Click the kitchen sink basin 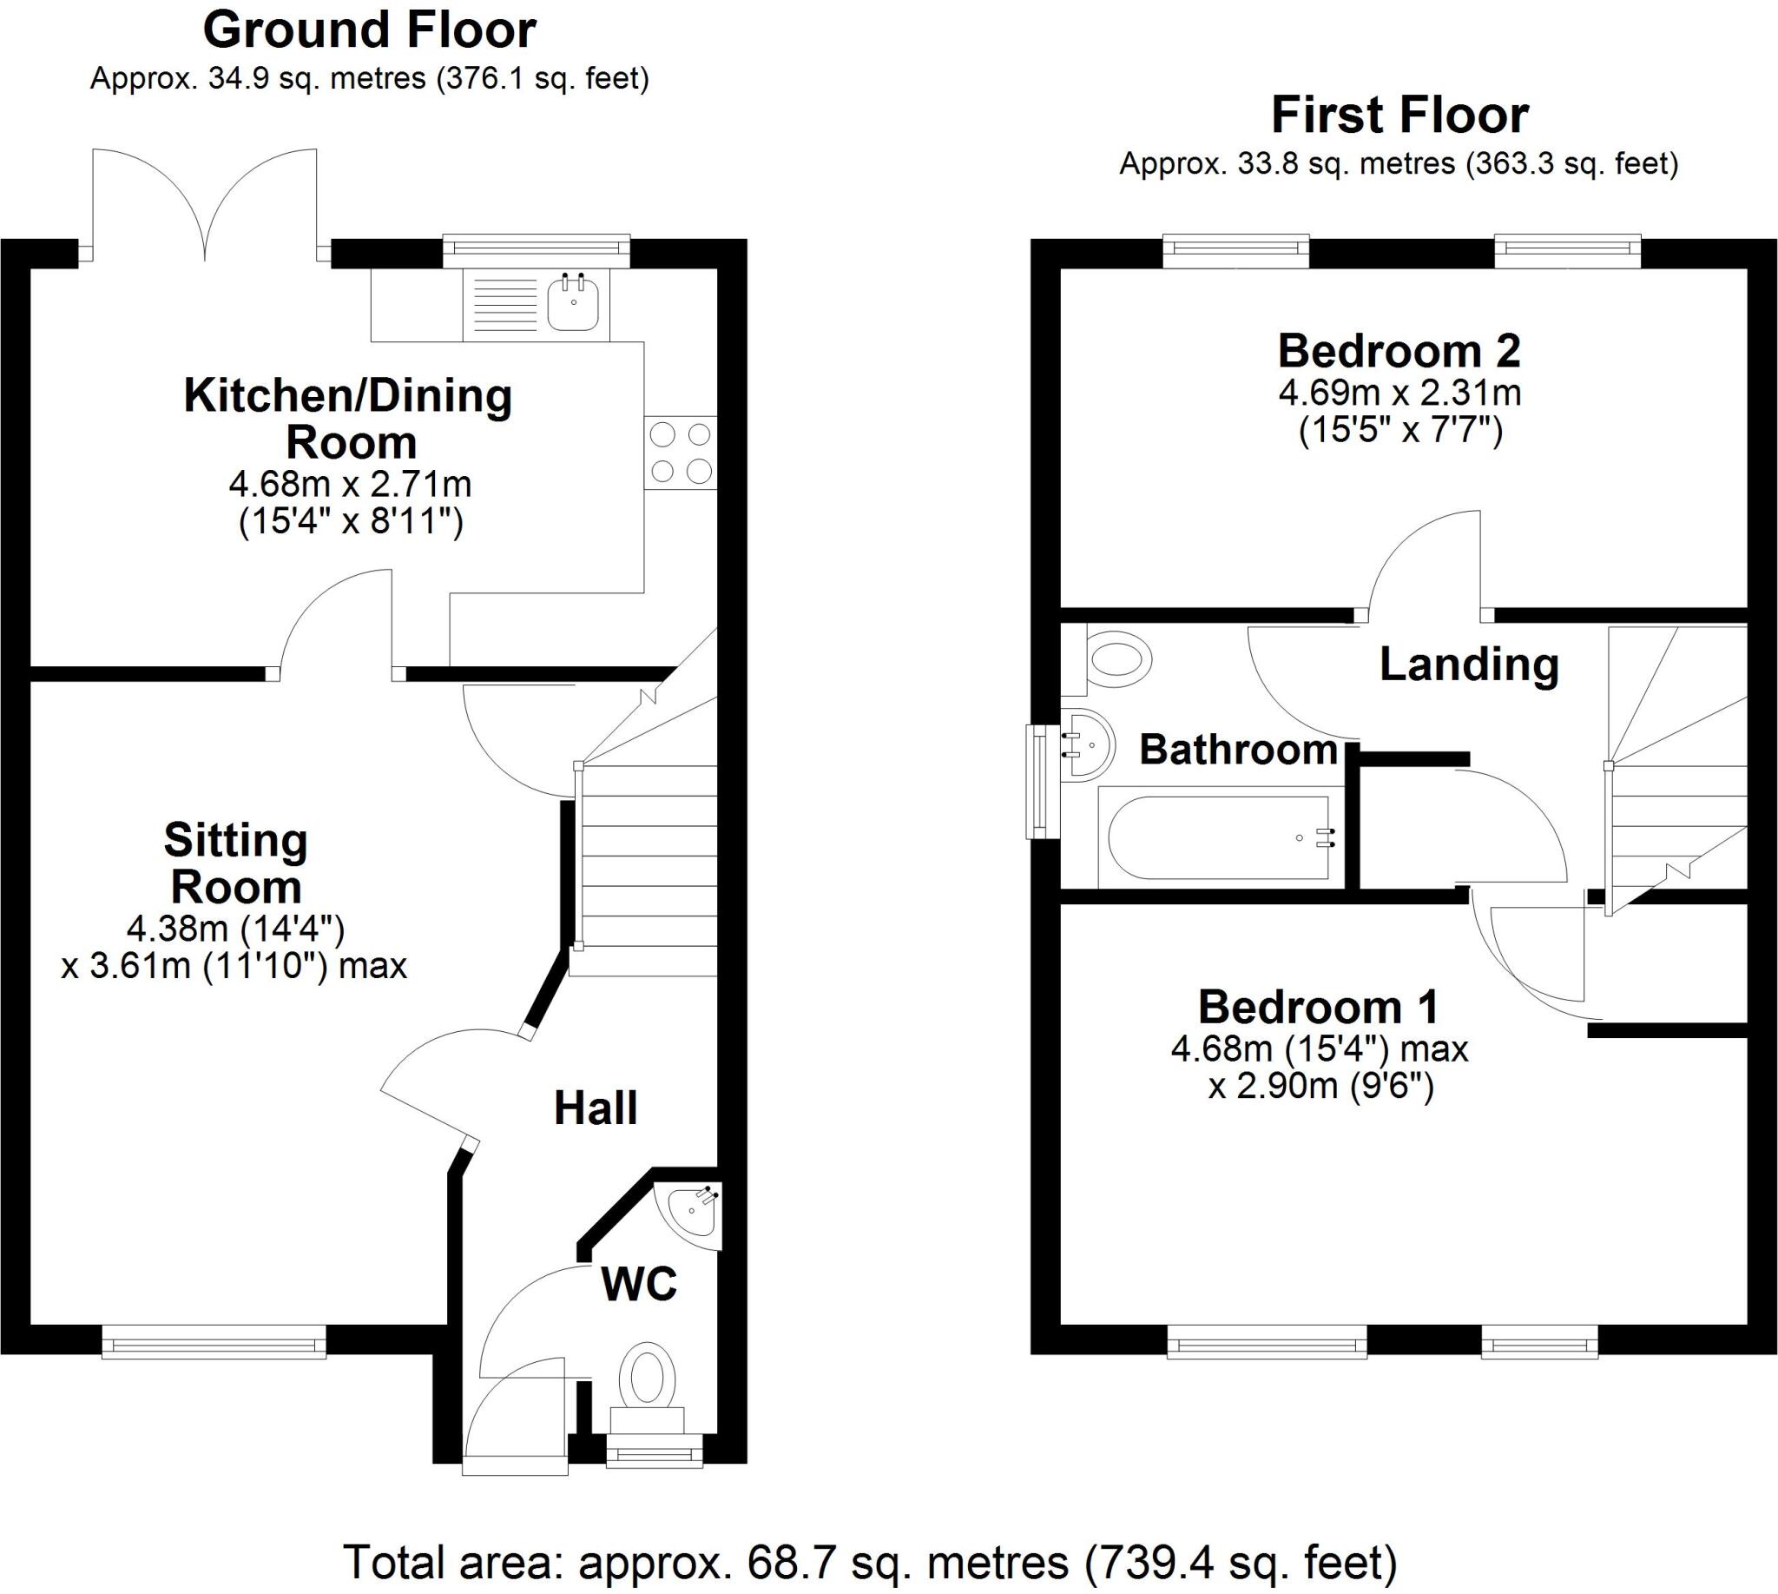(x=573, y=304)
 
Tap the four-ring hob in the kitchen (x=681, y=452)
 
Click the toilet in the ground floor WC (x=647, y=1379)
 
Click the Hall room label (x=596, y=1108)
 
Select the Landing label (x=1469, y=665)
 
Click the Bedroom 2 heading (x=1399, y=352)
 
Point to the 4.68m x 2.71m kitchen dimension (x=350, y=484)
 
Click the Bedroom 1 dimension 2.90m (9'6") (x=1321, y=1087)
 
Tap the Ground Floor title (x=370, y=31)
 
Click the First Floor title (x=1399, y=116)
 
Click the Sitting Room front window (x=214, y=1342)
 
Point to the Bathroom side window (x=1040, y=781)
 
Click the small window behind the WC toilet (x=654, y=1456)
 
